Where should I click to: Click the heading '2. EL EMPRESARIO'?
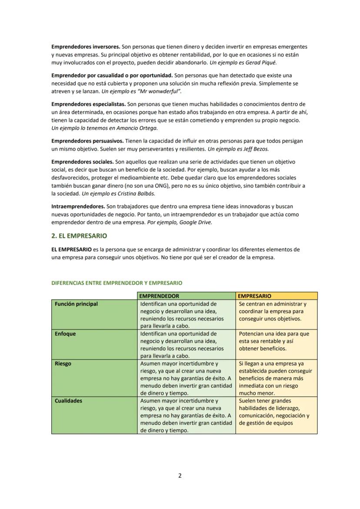(x=79, y=236)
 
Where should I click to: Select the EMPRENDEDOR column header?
(x=159, y=296)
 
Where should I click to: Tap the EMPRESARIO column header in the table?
(x=255, y=296)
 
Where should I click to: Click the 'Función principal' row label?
(x=76, y=304)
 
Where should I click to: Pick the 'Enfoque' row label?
(x=65, y=334)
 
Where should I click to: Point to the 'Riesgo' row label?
(x=63, y=363)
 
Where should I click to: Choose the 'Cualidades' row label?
(x=68, y=401)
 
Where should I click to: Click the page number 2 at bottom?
(x=180, y=476)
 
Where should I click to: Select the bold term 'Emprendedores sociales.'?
(x=83, y=162)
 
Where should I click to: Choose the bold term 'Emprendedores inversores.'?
(x=86, y=47)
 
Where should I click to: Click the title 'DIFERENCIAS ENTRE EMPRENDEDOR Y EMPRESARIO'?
(x=117, y=283)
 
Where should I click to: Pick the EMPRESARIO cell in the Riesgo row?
(x=276, y=378)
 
